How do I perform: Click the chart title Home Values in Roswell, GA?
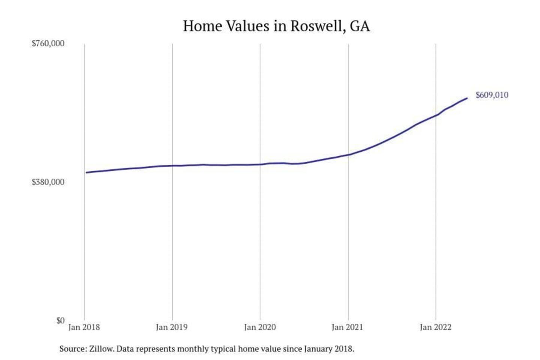point(276,26)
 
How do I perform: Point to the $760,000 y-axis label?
point(48,43)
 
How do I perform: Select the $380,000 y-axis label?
point(48,182)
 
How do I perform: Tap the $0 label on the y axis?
point(60,321)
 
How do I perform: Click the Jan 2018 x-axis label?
point(84,327)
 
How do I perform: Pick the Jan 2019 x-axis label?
point(172,327)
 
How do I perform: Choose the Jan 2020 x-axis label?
point(260,327)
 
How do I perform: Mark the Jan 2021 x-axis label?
point(348,327)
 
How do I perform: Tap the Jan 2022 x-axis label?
point(435,327)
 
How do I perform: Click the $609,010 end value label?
point(492,95)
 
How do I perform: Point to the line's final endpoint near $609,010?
point(467,98)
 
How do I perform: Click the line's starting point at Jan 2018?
point(86,172)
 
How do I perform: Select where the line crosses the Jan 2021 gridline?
point(348,155)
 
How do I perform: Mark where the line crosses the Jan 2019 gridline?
point(172,165)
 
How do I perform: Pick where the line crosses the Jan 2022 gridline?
point(436,115)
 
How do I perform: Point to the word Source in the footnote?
point(73,349)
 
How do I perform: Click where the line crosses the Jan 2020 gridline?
point(260,164)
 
